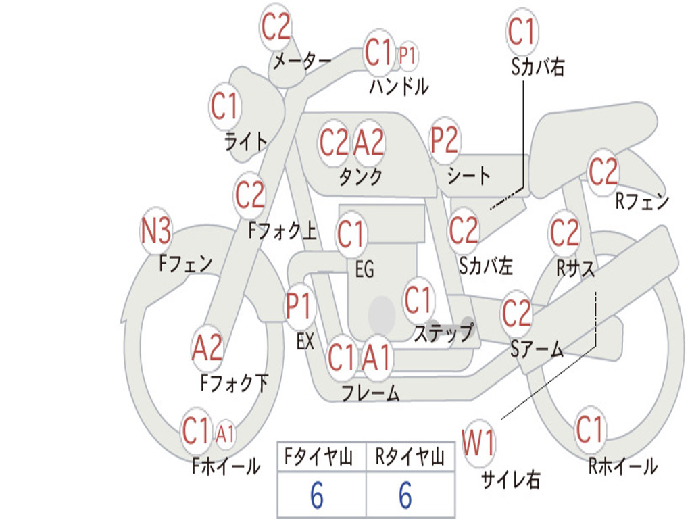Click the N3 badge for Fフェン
[156, 232]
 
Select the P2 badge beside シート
[445, 141]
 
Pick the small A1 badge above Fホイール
[225, 434]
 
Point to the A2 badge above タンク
[369, 143]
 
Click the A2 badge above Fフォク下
[207, 348]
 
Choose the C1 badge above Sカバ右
[521, 32]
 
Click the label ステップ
[443, 333]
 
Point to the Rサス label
[576, 268]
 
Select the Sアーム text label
[537, 349]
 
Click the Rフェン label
[641, 201]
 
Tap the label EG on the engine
[364, 270]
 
